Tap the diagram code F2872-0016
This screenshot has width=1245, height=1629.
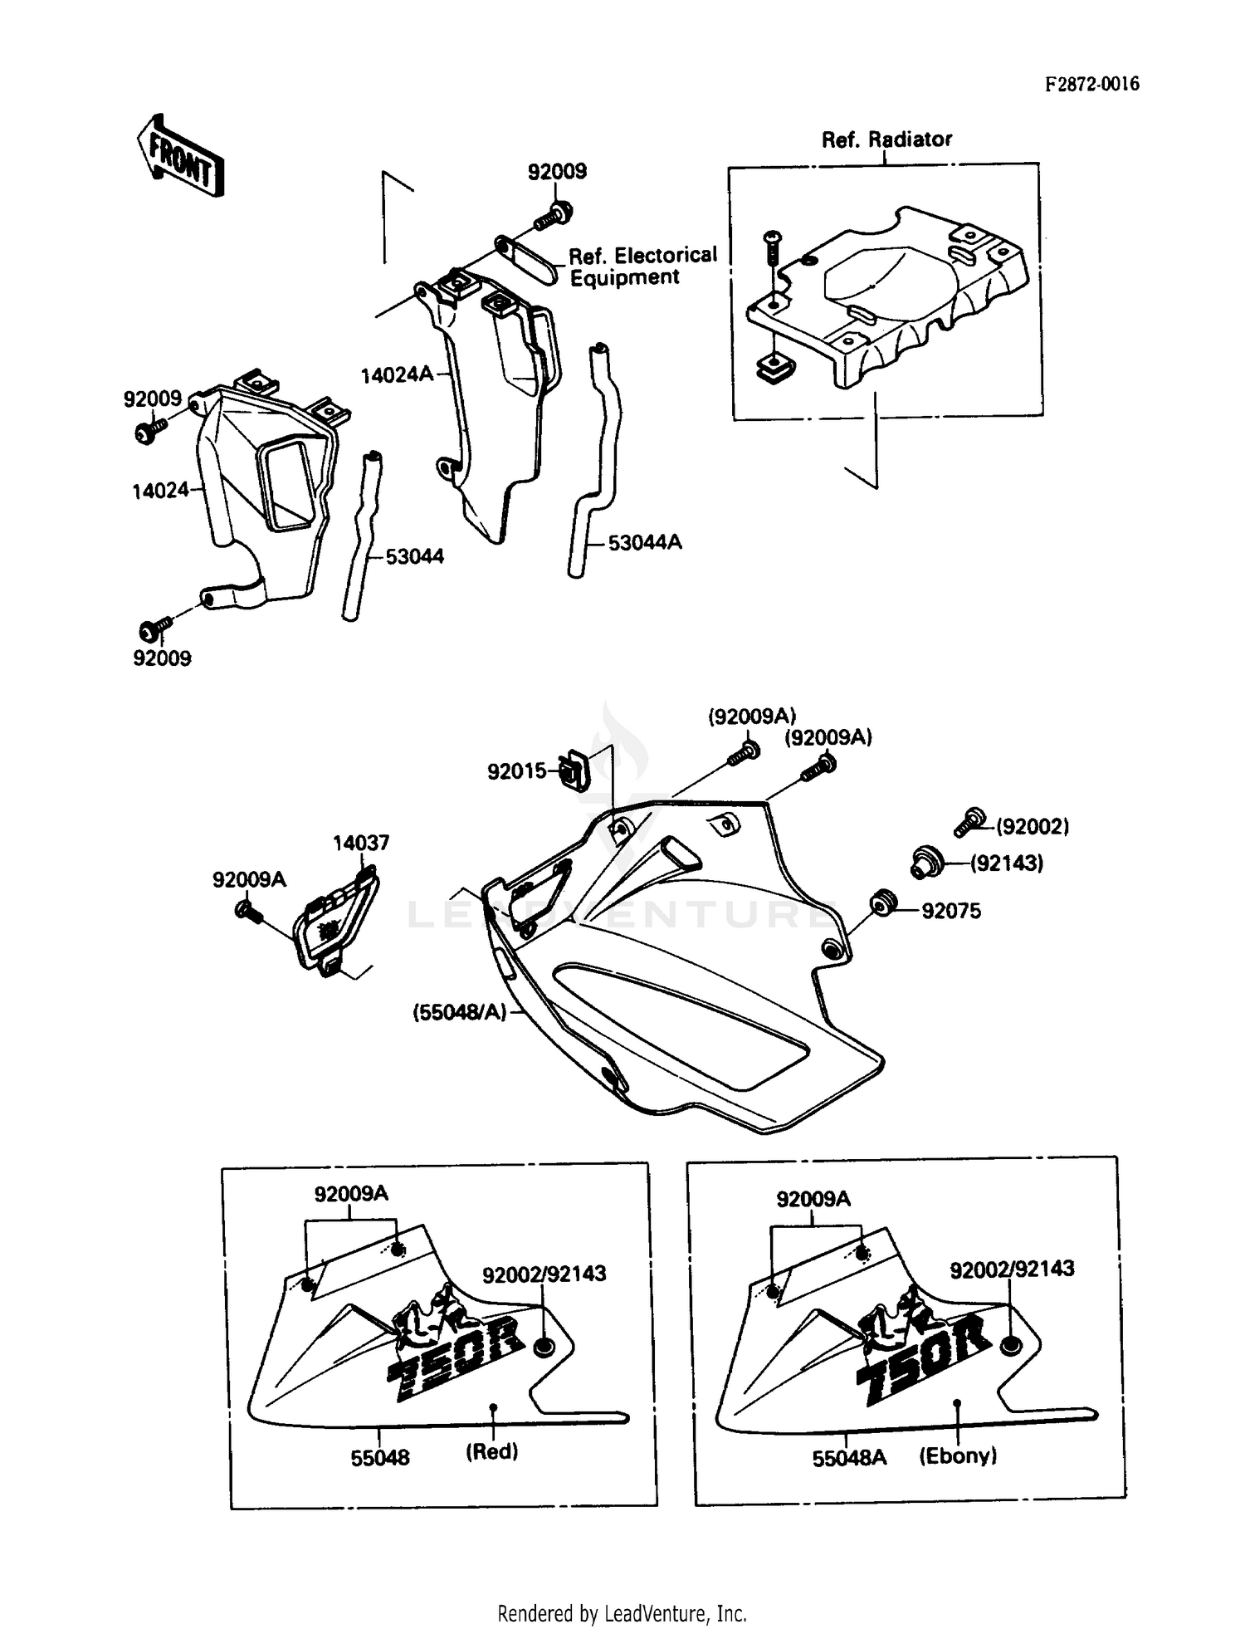click(1091, 84)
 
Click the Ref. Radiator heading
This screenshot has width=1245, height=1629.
click(886, 139)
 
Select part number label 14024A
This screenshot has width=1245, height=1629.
click(397, 375)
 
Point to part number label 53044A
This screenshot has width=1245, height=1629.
click(645, 542)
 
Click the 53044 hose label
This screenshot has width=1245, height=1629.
click(414, 556)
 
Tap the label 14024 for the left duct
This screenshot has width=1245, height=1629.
click(160, 491)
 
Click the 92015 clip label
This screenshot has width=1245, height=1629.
click(516, 771)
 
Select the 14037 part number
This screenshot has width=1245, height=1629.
click(360, 843)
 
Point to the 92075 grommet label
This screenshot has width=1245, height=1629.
click(951, 911)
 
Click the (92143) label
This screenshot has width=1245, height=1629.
click(1006, 863)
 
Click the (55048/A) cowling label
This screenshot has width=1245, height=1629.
click(460, 1013)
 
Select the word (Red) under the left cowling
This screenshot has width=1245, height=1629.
click(491, 1451)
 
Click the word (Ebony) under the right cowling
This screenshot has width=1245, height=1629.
click(958, 1455)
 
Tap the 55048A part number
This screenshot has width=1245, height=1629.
click(849, 1458)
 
